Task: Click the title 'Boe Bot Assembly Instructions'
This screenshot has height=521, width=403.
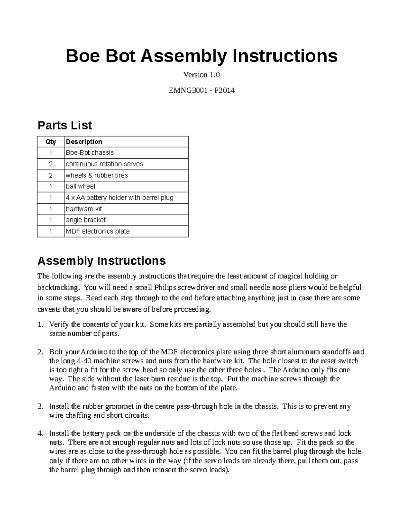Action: click(201, 56)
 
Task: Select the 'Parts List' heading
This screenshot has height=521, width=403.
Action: click(64, 125)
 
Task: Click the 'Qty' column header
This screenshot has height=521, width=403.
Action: click(51, 142)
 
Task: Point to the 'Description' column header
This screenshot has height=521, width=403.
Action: click(84, 142)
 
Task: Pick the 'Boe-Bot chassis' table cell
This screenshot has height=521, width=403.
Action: click(90, 153)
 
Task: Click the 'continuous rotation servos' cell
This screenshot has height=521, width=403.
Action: click(104, 164)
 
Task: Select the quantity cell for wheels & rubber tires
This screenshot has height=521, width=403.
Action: click(51, 175)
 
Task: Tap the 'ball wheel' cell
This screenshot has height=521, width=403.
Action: click(81, 186)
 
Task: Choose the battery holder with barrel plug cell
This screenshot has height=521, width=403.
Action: click(120, 198)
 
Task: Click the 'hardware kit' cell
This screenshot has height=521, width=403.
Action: click(84, 209)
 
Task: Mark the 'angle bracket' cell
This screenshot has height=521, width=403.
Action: click(86, 220)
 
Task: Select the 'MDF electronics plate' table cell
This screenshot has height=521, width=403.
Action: click(98, 231)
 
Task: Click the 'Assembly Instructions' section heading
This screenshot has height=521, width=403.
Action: click(101, 261)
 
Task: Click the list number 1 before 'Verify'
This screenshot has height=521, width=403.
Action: click(40, 324)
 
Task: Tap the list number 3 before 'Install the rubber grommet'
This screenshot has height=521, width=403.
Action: click(40, 407)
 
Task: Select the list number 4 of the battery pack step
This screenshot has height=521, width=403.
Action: click(40, 433)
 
